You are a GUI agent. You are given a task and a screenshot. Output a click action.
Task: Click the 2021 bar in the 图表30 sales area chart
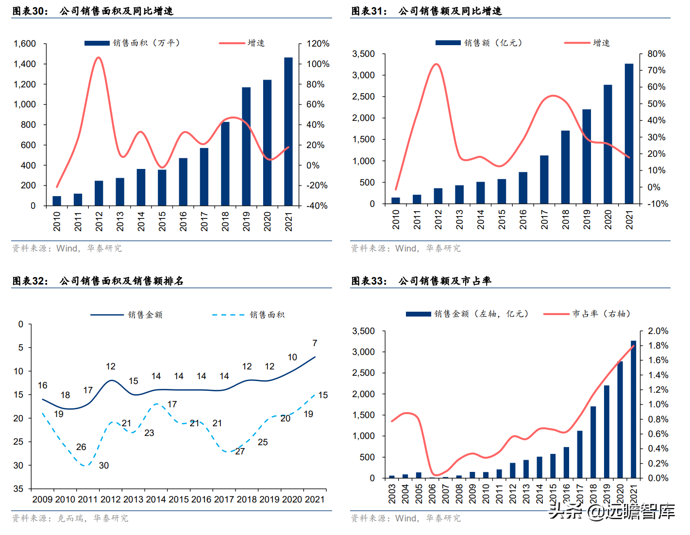click(x=288, y=132)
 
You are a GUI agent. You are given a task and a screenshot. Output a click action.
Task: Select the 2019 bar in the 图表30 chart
click(x=246, y=146)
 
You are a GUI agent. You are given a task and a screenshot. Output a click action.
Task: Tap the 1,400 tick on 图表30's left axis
click(x=25, y=64)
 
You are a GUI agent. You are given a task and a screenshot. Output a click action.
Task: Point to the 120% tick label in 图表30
click(x=318, y=44)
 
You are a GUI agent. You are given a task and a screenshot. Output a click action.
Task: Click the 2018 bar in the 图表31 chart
click(x=565, y=167)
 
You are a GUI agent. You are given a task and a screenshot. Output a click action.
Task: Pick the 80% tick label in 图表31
click(x=656, y=54)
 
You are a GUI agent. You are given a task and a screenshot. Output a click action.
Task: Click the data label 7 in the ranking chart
click(x=315, y=343)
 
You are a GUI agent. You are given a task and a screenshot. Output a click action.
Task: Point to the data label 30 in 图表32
click(x=104, y=466)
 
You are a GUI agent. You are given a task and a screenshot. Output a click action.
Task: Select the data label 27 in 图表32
click(x=240, y=451)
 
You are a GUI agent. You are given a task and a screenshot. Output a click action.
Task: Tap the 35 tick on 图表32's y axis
click(x=18, y=489)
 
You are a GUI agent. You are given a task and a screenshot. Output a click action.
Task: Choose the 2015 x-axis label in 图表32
click(x=179, y=500)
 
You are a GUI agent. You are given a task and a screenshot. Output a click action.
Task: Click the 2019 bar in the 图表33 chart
click(x=606, y=432)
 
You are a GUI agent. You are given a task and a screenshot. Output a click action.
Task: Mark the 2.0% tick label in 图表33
click(x=658, y=331)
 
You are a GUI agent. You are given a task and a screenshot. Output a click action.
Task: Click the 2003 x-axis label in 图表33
click(x=392, y=493)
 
